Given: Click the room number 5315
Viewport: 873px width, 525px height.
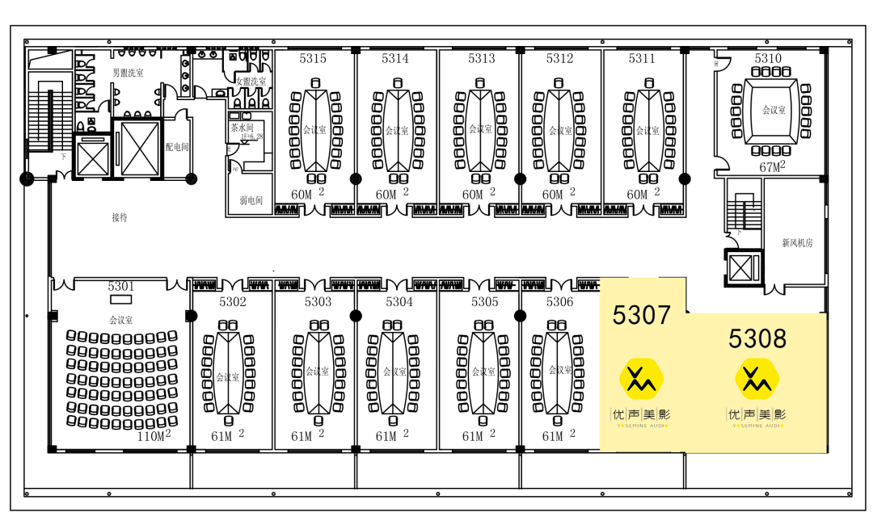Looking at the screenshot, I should click(313, 58).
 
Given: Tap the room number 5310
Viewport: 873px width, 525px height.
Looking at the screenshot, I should click(768, 58).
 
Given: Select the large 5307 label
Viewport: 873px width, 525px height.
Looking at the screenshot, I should click(642, 315).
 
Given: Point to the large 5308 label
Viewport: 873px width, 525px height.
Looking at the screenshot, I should click(757, 338).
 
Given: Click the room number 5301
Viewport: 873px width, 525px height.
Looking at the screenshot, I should click(121, 287).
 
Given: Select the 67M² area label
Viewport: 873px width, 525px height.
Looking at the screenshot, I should click(773, 167).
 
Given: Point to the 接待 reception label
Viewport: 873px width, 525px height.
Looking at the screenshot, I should click(120, 217).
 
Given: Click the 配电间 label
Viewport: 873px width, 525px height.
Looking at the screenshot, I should click(177, 148).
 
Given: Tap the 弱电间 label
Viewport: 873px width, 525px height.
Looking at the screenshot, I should click(251, 200).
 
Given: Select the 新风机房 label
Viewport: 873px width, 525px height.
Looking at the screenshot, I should click(797, 242).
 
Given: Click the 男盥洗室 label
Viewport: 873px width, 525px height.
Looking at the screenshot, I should click(128, 73).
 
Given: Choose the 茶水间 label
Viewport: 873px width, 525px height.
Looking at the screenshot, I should click(242, 128).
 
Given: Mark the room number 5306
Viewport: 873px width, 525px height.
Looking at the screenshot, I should click(559, 302).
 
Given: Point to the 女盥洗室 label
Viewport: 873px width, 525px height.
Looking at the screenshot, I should click(251, 82).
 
